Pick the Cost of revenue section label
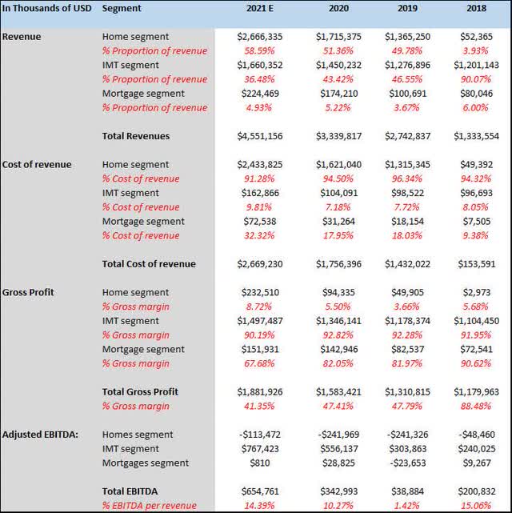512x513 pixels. point(37,165)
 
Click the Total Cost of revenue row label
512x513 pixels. point(149,264)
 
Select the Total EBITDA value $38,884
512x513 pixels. point(409,491)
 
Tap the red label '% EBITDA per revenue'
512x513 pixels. point(150,506)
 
